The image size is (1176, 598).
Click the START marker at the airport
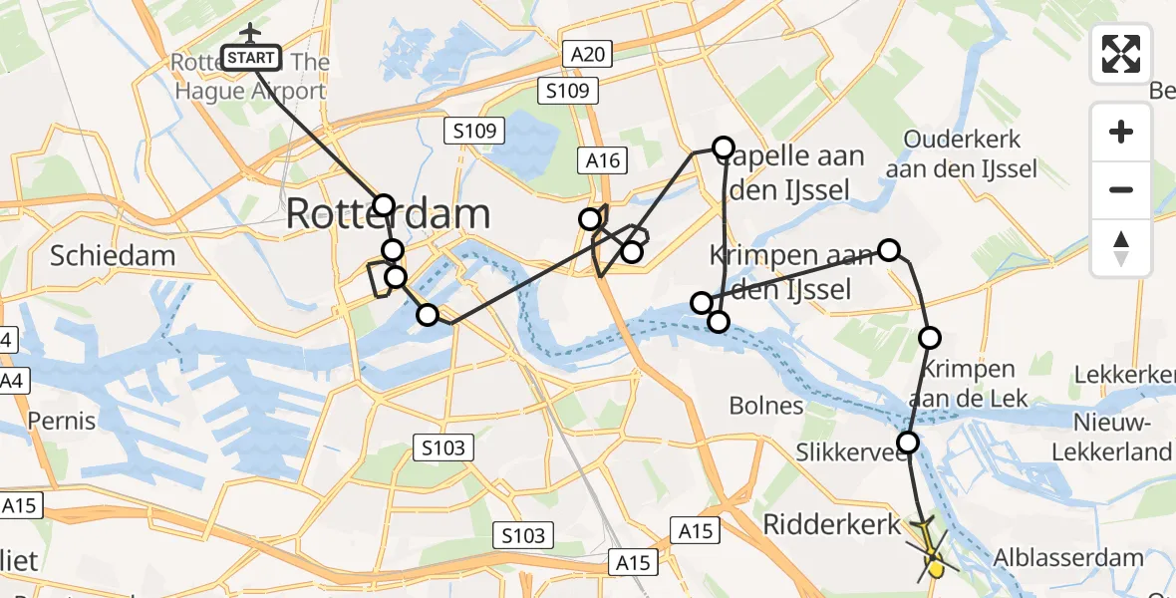(251, 59)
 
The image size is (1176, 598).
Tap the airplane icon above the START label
(250, 34)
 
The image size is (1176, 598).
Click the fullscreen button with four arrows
(1121, 54)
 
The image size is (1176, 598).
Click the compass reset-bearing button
(1121, 247)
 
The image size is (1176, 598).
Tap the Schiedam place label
(114, 255)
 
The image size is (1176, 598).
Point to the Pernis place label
(62, 420)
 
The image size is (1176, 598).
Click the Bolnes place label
(766, 405)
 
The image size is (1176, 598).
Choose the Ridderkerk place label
(832, 524)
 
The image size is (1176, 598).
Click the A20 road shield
(588, 55)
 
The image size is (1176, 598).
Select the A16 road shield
(602, 161)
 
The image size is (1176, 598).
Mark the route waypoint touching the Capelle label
(723, 148)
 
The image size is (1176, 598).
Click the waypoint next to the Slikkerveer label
(908, 442)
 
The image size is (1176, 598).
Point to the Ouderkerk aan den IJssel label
(961, 153)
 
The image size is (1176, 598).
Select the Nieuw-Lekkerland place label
(1111, 438)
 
